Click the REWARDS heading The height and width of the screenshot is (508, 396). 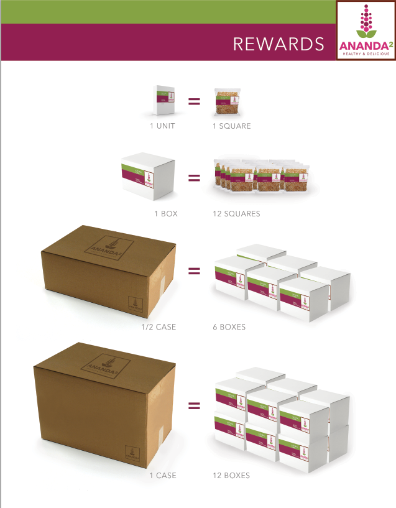278,44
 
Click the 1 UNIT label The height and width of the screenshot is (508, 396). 162,126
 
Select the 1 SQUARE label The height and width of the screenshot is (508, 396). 231,126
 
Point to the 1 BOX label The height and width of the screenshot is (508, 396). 166,213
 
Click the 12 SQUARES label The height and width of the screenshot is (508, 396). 236,213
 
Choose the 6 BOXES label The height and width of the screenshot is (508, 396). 229,326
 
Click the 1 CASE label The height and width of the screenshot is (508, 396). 163,475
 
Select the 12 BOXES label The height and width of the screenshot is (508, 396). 231,475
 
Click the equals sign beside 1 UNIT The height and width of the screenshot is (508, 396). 194,101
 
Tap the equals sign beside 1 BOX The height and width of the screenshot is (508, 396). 194,178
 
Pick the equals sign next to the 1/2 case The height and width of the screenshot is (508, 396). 194,271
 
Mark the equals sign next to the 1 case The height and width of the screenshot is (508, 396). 194,407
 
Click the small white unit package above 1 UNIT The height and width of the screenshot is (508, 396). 163,100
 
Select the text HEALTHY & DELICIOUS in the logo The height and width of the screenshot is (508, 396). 366,53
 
